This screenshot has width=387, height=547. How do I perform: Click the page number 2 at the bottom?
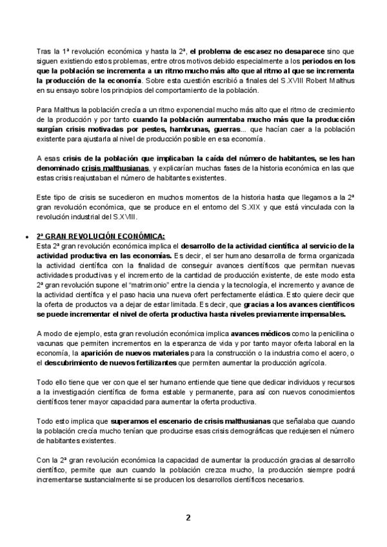(x=188, y=517)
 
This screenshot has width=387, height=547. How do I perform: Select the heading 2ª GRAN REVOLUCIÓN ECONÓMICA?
(x=101, y=235)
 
